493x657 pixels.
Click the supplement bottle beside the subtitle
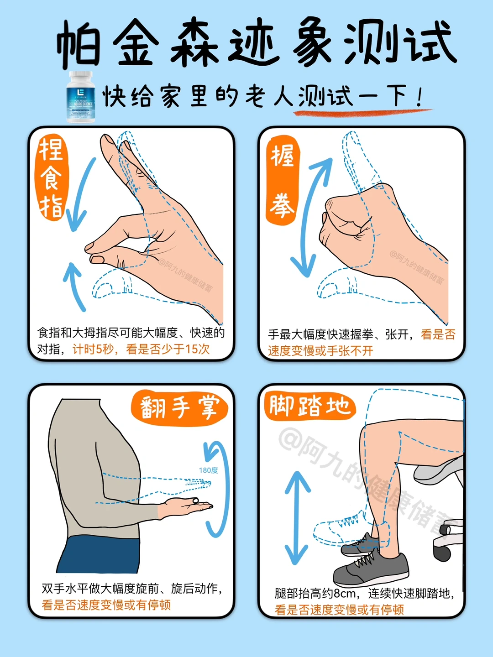click(x=81, y=97)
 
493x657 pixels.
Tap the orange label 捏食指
click(x=51, y=178)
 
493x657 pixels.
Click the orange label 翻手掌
click(x=179, y=407)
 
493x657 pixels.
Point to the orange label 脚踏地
click(x=309, y=406)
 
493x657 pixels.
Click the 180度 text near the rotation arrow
click(x=208, y=470)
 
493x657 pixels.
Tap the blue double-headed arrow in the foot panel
click(x=297, y=518)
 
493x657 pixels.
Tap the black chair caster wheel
click(x=442, y=553)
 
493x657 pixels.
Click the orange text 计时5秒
click(x=93, y=349)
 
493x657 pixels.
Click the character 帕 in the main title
click(x=79, y=45)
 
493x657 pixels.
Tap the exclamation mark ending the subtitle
click(x=419, y=97)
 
